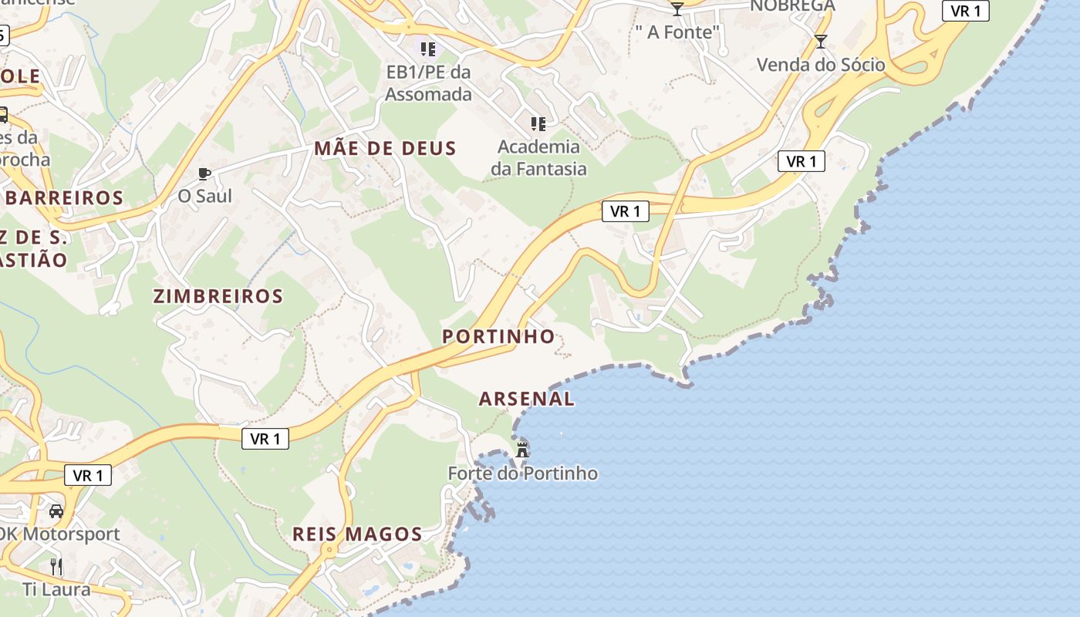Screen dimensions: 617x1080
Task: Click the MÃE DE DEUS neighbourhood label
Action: coord(385,148)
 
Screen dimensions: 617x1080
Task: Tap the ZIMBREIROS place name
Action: coord(218,296)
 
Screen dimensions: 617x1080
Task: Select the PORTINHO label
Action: coord(498,336)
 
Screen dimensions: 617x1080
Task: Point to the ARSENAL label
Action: coord(527,399)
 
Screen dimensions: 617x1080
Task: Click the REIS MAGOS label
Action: coord(357,534)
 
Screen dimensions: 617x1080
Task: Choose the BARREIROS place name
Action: coord(65,197)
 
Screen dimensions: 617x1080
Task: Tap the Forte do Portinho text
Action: coord(523,473)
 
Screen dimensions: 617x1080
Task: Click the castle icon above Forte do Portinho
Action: coord(522,449)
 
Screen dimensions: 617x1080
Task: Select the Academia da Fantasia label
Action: coord(538,157)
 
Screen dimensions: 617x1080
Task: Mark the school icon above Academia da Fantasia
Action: coord(538,123)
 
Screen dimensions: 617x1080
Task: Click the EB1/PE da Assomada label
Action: coord(428,83)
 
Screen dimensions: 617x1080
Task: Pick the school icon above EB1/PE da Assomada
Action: coord(428,49)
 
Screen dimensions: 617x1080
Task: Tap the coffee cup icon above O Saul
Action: coord(204,174)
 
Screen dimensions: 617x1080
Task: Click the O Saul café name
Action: coord(204,196)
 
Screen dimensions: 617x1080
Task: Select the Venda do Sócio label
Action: coord(821,65)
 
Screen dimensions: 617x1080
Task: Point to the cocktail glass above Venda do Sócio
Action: coord(820,41)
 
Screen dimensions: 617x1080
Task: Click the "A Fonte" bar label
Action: coord(677,32)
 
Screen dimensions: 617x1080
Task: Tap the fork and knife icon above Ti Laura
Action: coord(56,567)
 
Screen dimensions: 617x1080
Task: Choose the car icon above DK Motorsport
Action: coord(56,511)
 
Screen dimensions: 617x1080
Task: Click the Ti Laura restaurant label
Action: coord(56,589)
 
